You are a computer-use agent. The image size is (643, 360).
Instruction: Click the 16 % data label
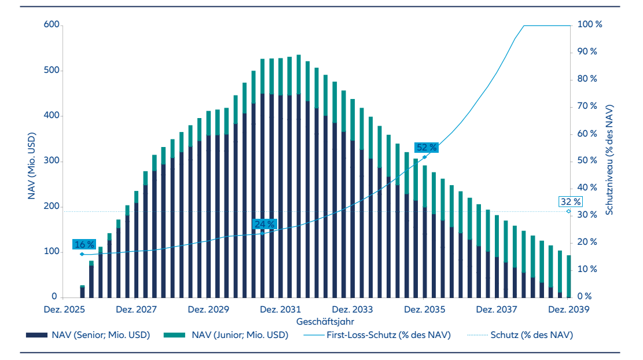(x=83, y=244)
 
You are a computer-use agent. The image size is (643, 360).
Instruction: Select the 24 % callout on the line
(x=264, y=224)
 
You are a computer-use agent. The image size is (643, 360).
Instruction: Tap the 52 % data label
(x=426, y=147)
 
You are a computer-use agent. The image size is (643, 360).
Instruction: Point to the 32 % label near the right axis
(x=570, y=202)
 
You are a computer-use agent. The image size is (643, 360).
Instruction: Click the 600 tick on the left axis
(x=52, y=25)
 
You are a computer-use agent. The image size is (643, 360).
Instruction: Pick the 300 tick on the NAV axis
(x=52, y=161)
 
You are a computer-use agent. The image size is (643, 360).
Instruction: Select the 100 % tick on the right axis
(x=590, y=25)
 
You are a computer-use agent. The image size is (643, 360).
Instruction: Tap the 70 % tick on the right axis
(x=588, y=106)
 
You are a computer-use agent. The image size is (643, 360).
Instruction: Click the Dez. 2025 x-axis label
(x=65, y=309)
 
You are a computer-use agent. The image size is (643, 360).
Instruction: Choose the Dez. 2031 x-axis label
(x=281, y=309)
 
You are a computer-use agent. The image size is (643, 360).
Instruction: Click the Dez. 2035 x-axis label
(x=425, y=309)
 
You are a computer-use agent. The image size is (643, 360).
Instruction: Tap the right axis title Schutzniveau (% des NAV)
(x=610, y=160)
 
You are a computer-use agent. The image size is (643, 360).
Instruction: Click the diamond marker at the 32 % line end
(x=568, y=211)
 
